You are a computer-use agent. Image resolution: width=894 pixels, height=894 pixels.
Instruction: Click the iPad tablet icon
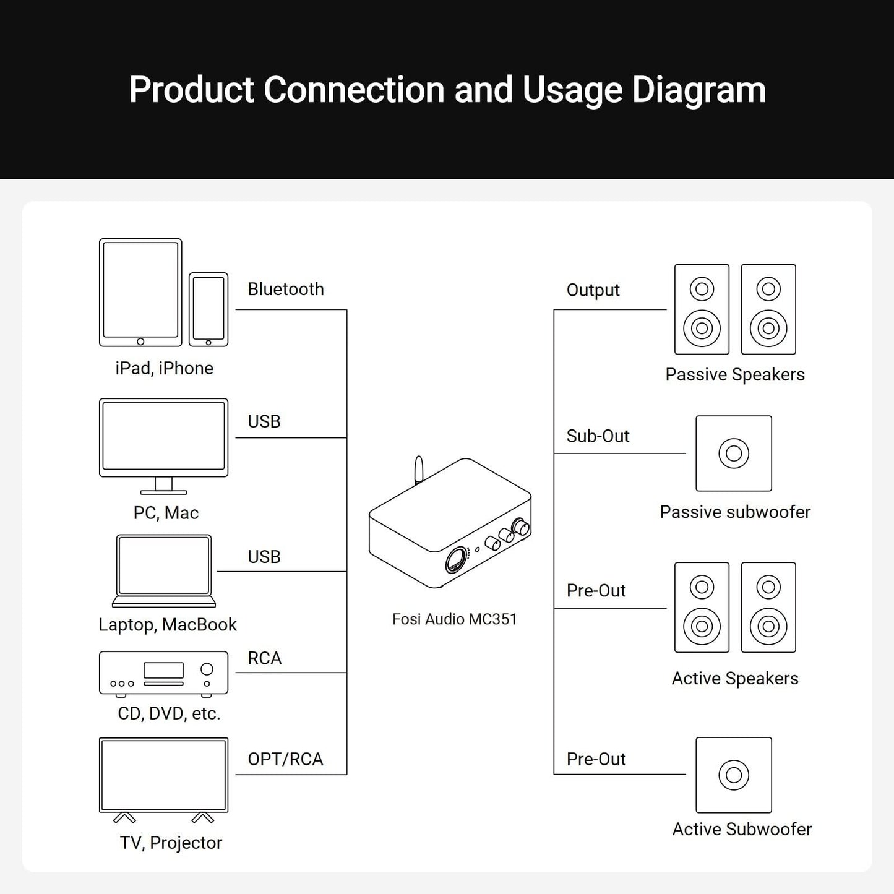[x=140, y=292]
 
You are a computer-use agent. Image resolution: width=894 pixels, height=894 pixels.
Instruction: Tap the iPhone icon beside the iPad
[x=208, y=309]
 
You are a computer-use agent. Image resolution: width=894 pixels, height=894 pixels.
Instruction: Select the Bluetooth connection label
[x=285, y=289]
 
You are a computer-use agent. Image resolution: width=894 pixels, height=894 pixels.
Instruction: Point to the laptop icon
[x=164, y=570]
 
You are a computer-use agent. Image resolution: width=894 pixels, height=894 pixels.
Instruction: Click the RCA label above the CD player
[x=264, y=658]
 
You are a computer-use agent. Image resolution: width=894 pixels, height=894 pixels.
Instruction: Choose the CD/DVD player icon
[x=163, y=673]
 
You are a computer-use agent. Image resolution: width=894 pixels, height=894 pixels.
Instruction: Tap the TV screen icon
[x=163, y=775]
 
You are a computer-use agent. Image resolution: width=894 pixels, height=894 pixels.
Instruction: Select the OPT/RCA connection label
[x=285, y=759]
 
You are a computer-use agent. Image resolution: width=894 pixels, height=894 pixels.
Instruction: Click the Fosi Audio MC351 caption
[x=454, y=619]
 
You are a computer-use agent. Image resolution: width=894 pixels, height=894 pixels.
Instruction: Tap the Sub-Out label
[x=598, y=436]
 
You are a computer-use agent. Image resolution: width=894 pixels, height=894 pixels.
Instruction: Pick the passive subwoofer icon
[x=734, y=453]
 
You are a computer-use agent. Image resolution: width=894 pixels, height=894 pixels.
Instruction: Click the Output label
[x=593, y=290]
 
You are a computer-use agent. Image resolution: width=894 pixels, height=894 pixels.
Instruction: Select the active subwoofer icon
[x=734, y=775]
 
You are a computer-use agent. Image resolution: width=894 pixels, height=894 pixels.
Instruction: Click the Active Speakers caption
[x=735, y=679]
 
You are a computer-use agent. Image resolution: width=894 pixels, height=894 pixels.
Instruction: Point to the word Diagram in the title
[x=698, y=90]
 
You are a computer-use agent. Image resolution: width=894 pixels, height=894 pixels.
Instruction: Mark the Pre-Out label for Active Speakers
[x=596, y=591]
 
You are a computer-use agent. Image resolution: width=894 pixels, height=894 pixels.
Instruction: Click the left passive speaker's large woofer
[x=702, y=328]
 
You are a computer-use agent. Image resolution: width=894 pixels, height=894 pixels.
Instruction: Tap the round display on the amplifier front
[x=457, y=560]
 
